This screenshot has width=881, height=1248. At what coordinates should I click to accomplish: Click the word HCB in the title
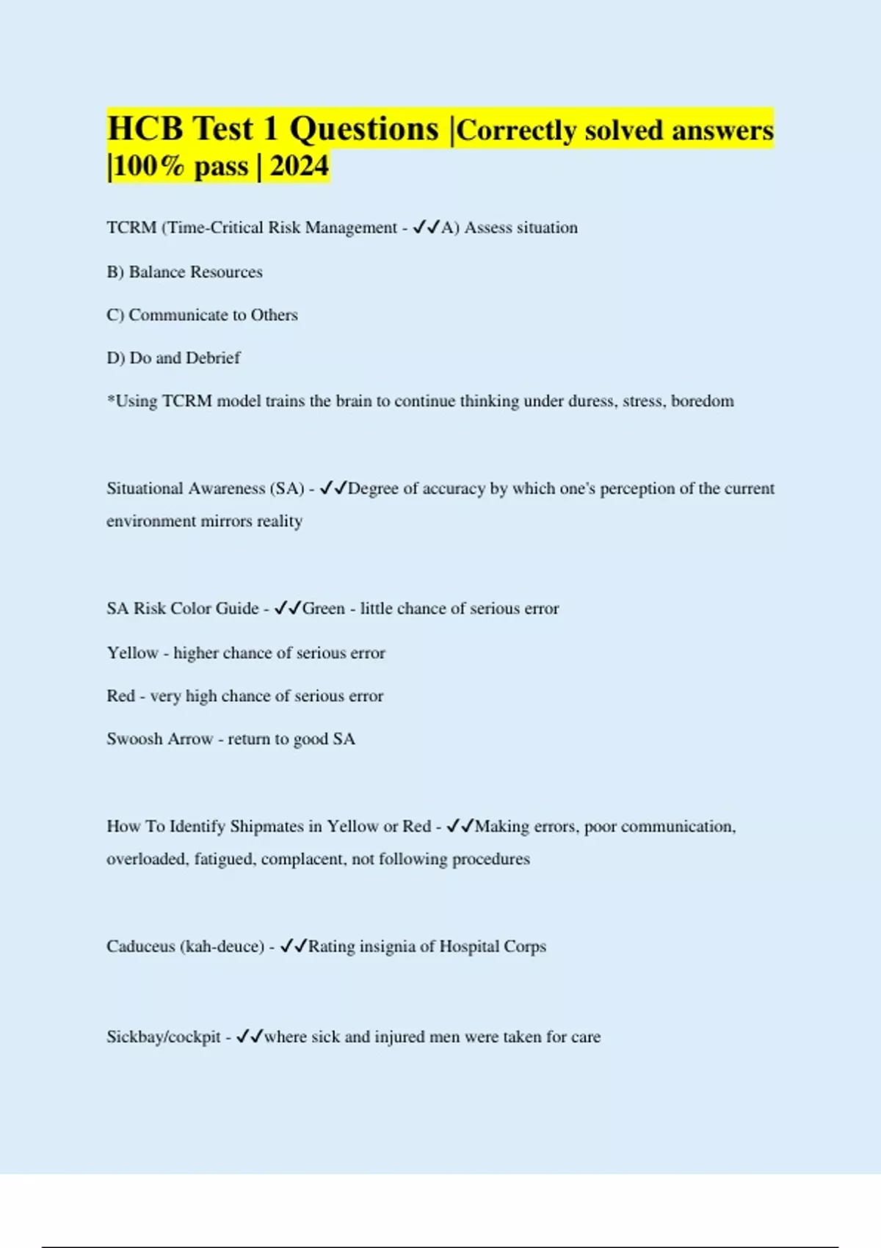(x=145, y=128)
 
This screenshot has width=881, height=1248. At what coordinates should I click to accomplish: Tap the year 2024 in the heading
(x=300, y=166)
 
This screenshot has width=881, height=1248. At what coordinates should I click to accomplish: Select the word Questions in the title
(x=363, y=129)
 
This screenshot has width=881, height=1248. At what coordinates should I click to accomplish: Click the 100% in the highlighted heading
(x=149, y=167)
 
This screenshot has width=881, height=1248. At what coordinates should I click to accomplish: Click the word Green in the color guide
(x=324, y=609)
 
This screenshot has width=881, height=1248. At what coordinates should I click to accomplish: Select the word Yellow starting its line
(x=132, y=653)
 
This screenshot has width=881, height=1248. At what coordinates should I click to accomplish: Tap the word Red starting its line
(x=120, y=696)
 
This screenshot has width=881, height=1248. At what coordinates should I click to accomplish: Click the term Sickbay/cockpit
(x=164, y=1037)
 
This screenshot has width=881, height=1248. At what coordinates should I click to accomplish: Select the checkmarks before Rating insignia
(x=294, y=946)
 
